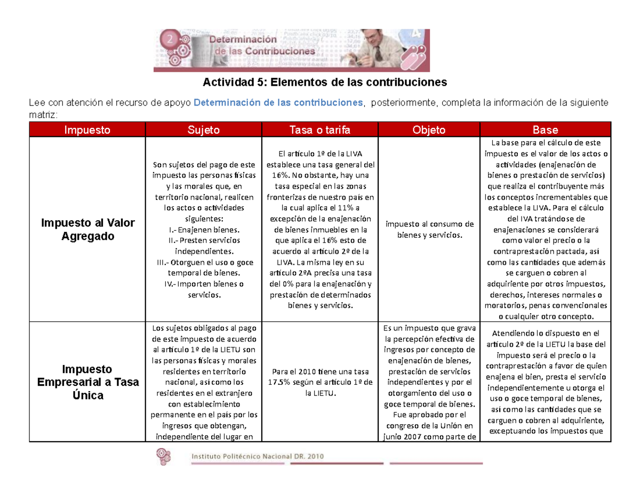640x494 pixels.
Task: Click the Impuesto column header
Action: (x=87, y=129)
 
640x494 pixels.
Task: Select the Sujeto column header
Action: (x=203, y=129)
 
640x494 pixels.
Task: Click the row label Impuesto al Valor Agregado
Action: (x=87, y=230)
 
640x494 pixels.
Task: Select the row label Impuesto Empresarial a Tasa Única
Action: (x=87, y=382)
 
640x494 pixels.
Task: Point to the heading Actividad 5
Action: (x=323, y=83)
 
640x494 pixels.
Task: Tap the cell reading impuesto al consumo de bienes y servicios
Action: (x=429, y=229)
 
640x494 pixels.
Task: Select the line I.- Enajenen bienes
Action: (x=203, y=230)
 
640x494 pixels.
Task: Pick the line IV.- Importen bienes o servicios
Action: (x=203, y=289)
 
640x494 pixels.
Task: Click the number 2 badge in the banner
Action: (x=170, y=39)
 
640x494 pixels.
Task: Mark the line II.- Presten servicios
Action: (x=203, y=240)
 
